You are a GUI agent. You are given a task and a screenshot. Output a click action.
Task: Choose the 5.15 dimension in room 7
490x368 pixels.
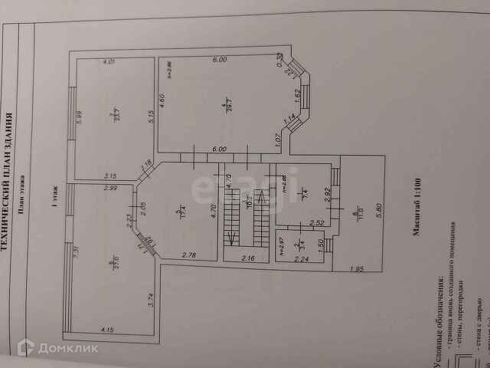(152, 119)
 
